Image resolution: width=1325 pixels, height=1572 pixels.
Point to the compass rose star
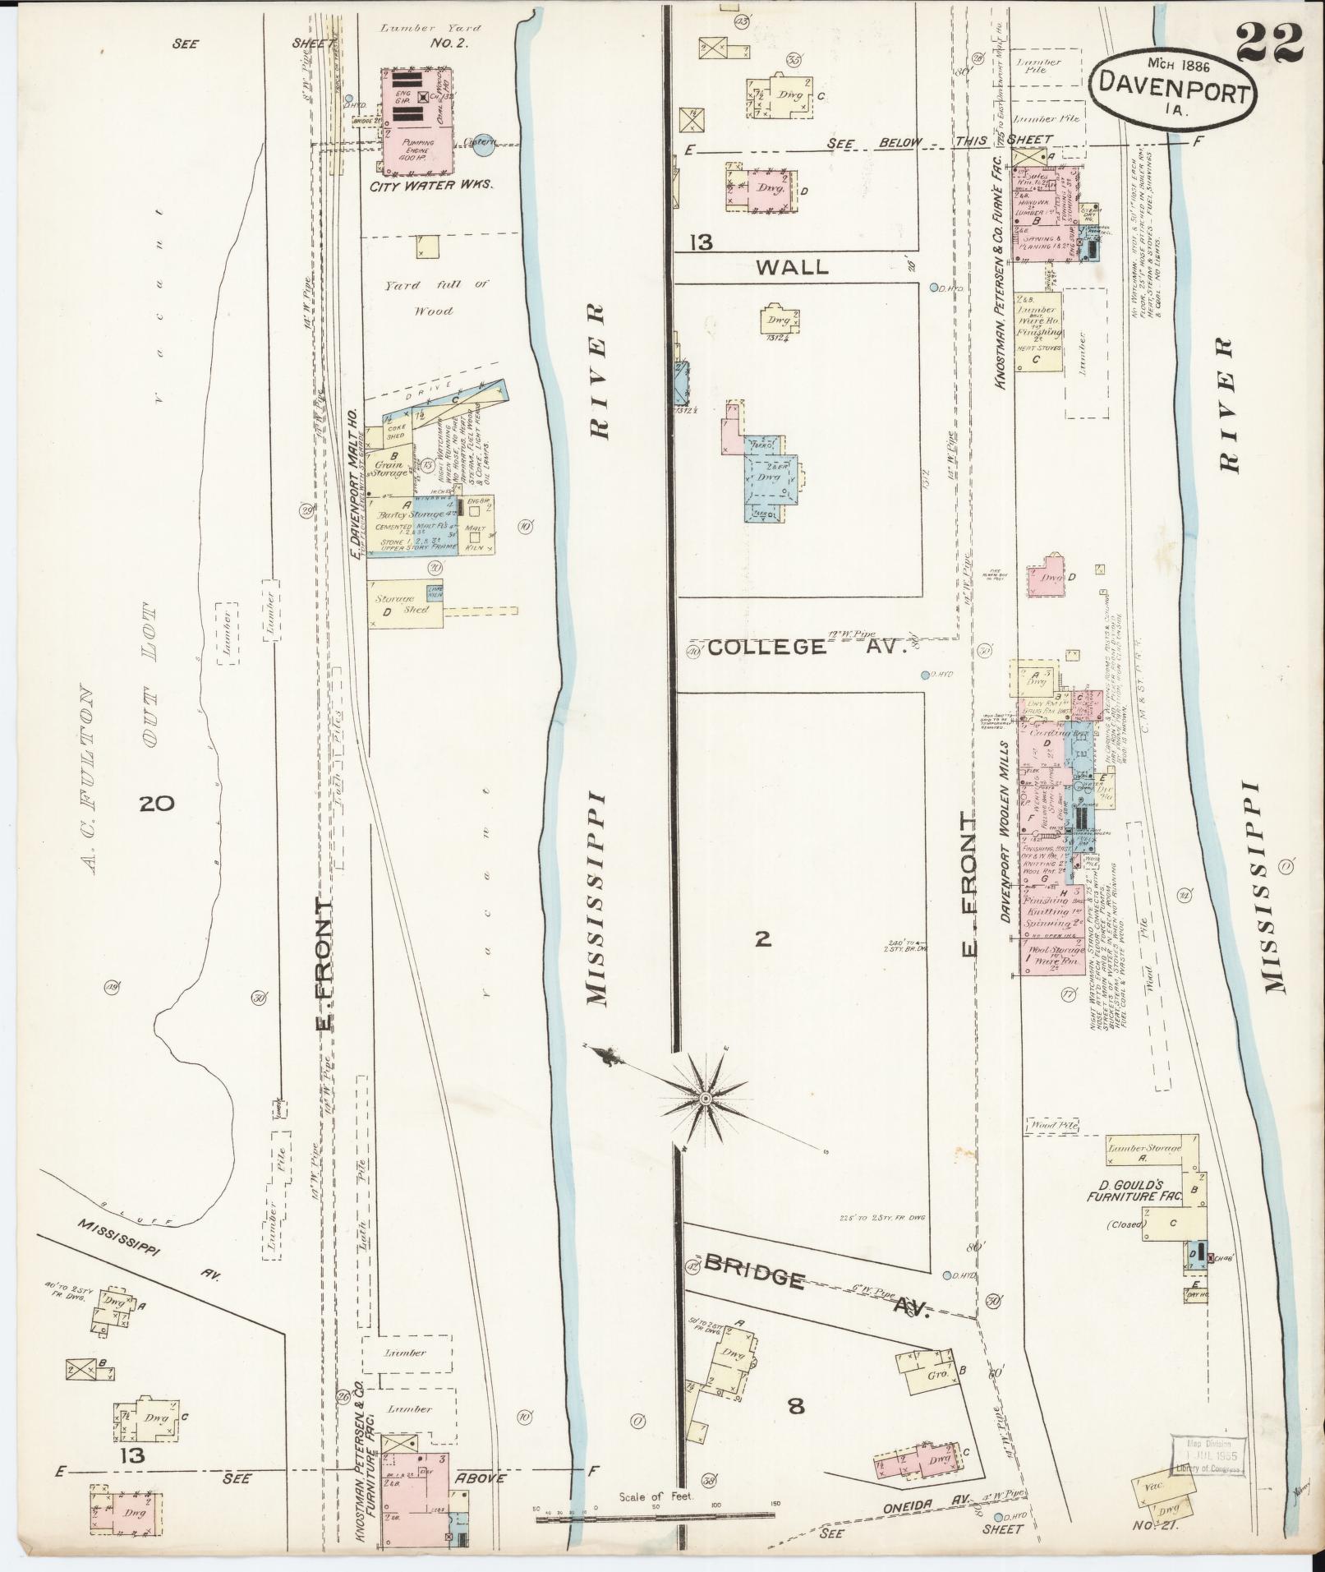[x=705, y=1099]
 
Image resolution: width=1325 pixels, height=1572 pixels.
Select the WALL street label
[x=792, y=266]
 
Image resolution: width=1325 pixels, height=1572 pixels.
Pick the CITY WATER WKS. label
[x=430, y=186]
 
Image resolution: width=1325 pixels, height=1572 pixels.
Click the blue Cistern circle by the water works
[x=483, y=145]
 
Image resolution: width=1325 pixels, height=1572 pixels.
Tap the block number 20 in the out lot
[x=156, y=803]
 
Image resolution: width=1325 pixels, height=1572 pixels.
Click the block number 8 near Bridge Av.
[x=795, y=1407]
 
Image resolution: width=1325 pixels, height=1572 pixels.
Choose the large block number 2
[x=763, y=938]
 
